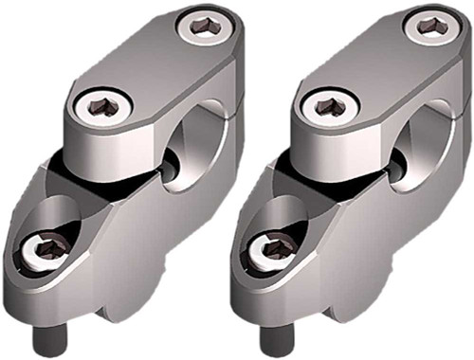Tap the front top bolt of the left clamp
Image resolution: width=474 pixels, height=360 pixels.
pyautogui.click(x=99, y=105)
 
